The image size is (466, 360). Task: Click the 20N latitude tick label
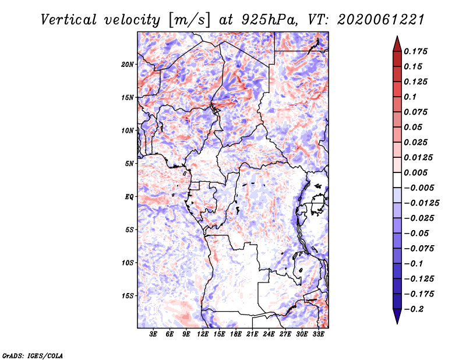(128, 65)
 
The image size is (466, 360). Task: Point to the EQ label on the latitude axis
(129, 197)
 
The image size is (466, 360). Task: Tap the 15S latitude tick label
(128, 296)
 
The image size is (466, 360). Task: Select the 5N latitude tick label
(129, 164)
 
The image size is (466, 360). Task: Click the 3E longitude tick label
(153, 334)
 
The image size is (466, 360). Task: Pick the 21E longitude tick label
(252, 334)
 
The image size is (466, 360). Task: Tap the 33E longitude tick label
(318, 334)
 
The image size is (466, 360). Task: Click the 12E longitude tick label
(203, 334)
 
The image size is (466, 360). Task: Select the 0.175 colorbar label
(415, 51)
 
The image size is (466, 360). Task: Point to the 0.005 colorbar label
(415, 172)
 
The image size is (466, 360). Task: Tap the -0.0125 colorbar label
(421, 203)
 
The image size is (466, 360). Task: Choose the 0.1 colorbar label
(410, 97)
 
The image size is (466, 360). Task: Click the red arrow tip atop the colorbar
(397, 37)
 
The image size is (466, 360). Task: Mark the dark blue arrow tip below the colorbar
(397, 323)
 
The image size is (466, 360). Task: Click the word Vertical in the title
(69, 20)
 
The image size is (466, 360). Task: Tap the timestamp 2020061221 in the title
(381, 20)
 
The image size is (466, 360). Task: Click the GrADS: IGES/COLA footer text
(33, 355)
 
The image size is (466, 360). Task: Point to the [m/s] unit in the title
(189, 20)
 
